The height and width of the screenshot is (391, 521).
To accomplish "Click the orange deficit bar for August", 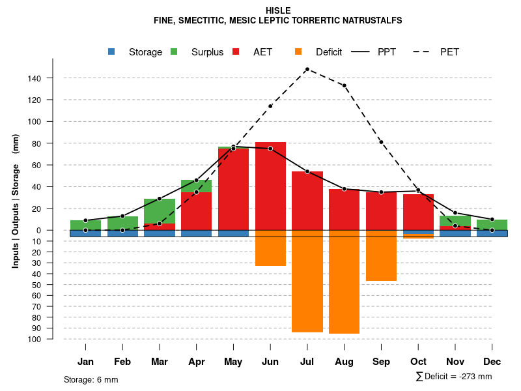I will point(344,282).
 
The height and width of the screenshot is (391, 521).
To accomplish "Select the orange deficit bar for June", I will point(270,248).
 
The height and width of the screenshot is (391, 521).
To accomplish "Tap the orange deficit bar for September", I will point(381,255).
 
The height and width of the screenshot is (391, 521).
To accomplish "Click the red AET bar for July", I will point(307,201).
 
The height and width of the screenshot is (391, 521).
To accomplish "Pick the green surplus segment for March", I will point(160,211).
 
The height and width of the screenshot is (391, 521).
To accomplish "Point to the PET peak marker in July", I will point(307,69).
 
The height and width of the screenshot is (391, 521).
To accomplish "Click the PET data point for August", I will point(344,85).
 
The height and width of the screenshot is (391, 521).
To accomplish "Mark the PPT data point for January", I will point(85,220).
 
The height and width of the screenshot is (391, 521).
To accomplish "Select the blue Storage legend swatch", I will point(111,52).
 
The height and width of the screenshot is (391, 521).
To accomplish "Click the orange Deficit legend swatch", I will point(298,52).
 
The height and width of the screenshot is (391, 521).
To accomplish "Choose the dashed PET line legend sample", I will point(423,52).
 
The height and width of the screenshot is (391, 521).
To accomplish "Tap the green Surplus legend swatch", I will point(174,52).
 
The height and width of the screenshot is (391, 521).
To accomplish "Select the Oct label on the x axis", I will point(418,362).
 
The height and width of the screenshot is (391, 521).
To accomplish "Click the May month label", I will point(233,362).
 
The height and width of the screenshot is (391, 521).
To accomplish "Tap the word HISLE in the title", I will point(278,10).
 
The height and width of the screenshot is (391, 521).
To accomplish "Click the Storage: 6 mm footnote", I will point(91,379).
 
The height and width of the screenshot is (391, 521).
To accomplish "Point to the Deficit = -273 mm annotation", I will point(454,377).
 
